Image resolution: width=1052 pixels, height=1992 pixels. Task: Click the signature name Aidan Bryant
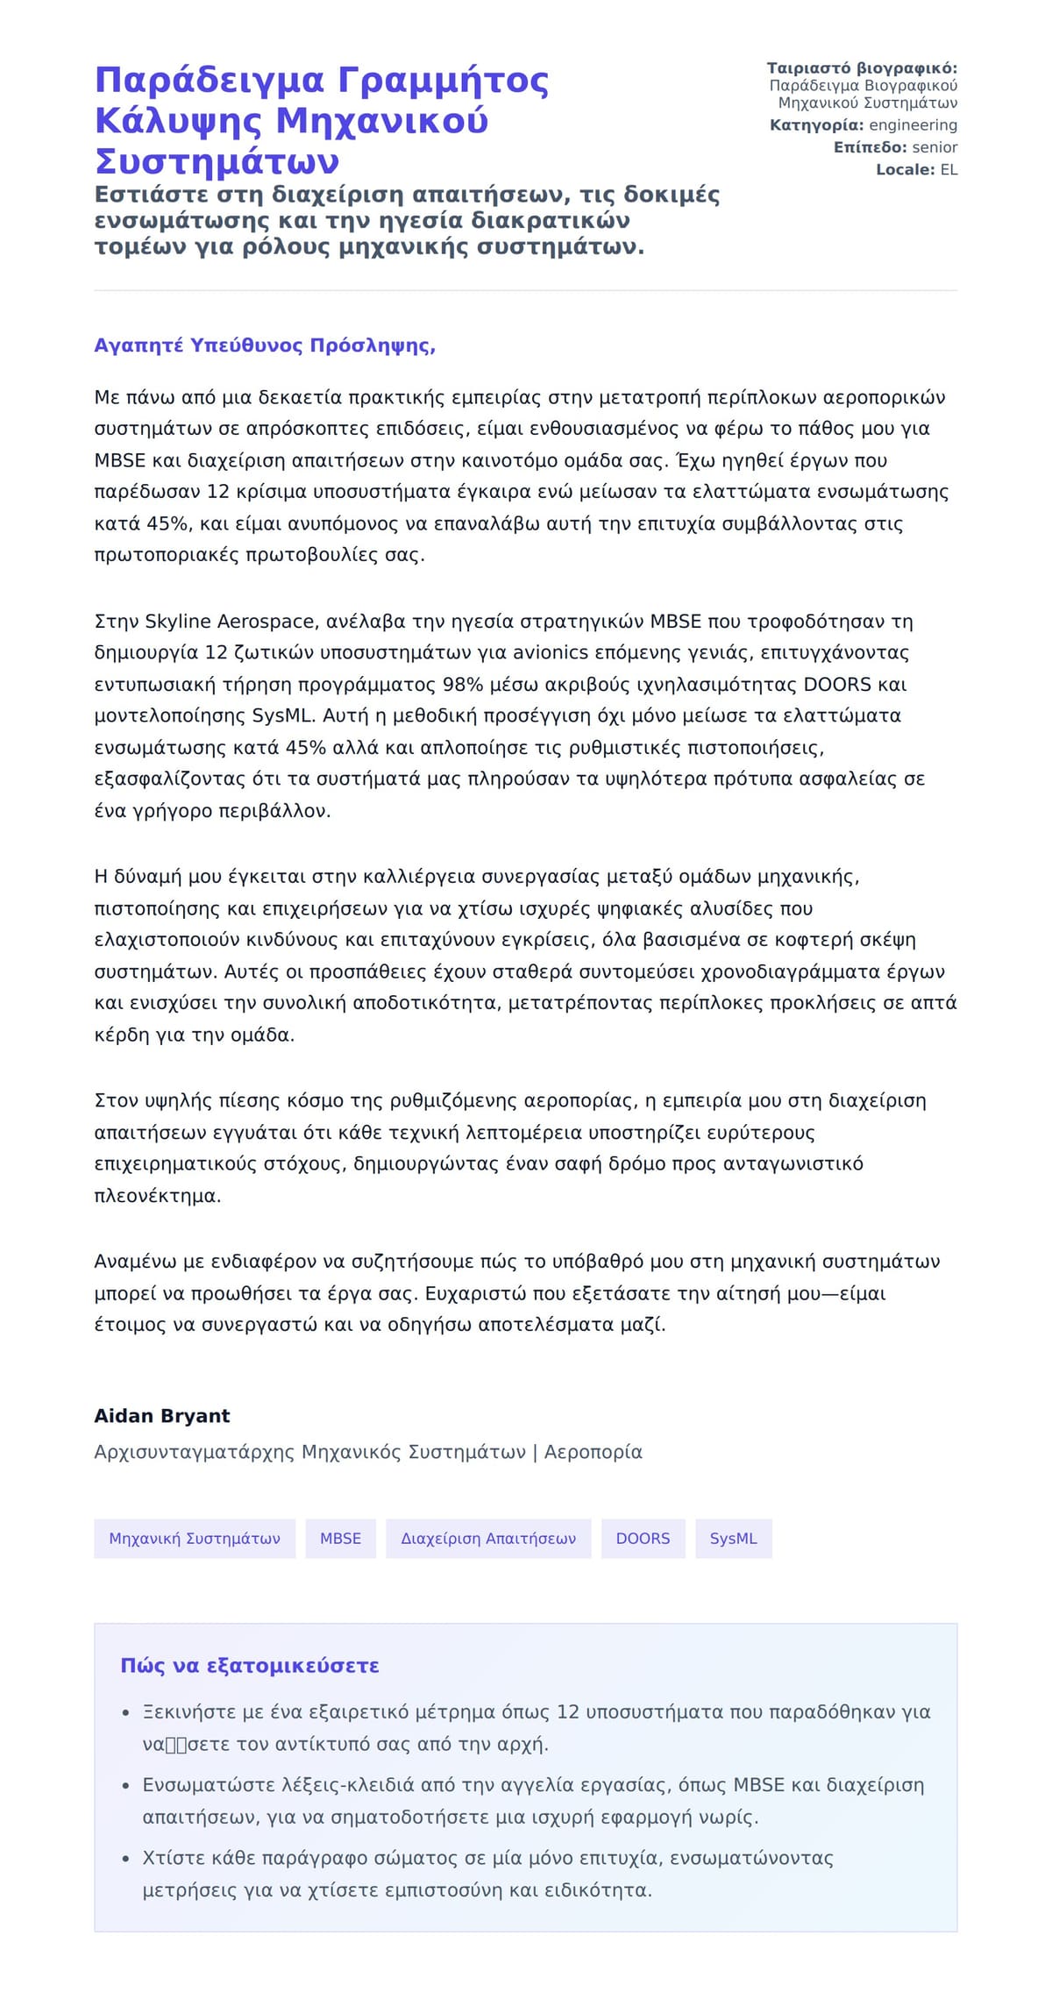(x=161, y=1416)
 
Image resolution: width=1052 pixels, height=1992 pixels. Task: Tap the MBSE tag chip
(x=340, y=1539)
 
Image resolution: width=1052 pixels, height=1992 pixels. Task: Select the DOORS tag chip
(x=643, y=1539)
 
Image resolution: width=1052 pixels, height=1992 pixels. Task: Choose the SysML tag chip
(x=733, y=1539)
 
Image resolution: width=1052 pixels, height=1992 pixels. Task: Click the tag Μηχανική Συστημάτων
(x=195, y=1539)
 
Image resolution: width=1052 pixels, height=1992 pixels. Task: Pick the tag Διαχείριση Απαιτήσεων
(x=488, y=1539)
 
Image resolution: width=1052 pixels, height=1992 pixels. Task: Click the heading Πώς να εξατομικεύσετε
(x=250, y=1666)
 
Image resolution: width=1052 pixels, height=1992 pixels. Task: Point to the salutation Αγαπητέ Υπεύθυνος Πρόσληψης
(x=265, y=345)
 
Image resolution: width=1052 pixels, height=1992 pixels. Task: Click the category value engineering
(x=913, y=125)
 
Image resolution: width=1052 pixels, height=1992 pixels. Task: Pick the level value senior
(x=935, y=147)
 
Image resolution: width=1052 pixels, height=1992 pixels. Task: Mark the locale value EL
(x=949, y=170)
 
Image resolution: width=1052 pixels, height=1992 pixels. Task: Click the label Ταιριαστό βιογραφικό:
(x=862, y=68)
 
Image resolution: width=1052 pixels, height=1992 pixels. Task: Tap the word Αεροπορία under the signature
(x=594, y=1452)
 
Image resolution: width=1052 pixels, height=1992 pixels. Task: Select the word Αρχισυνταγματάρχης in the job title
(x=194, y=1452)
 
